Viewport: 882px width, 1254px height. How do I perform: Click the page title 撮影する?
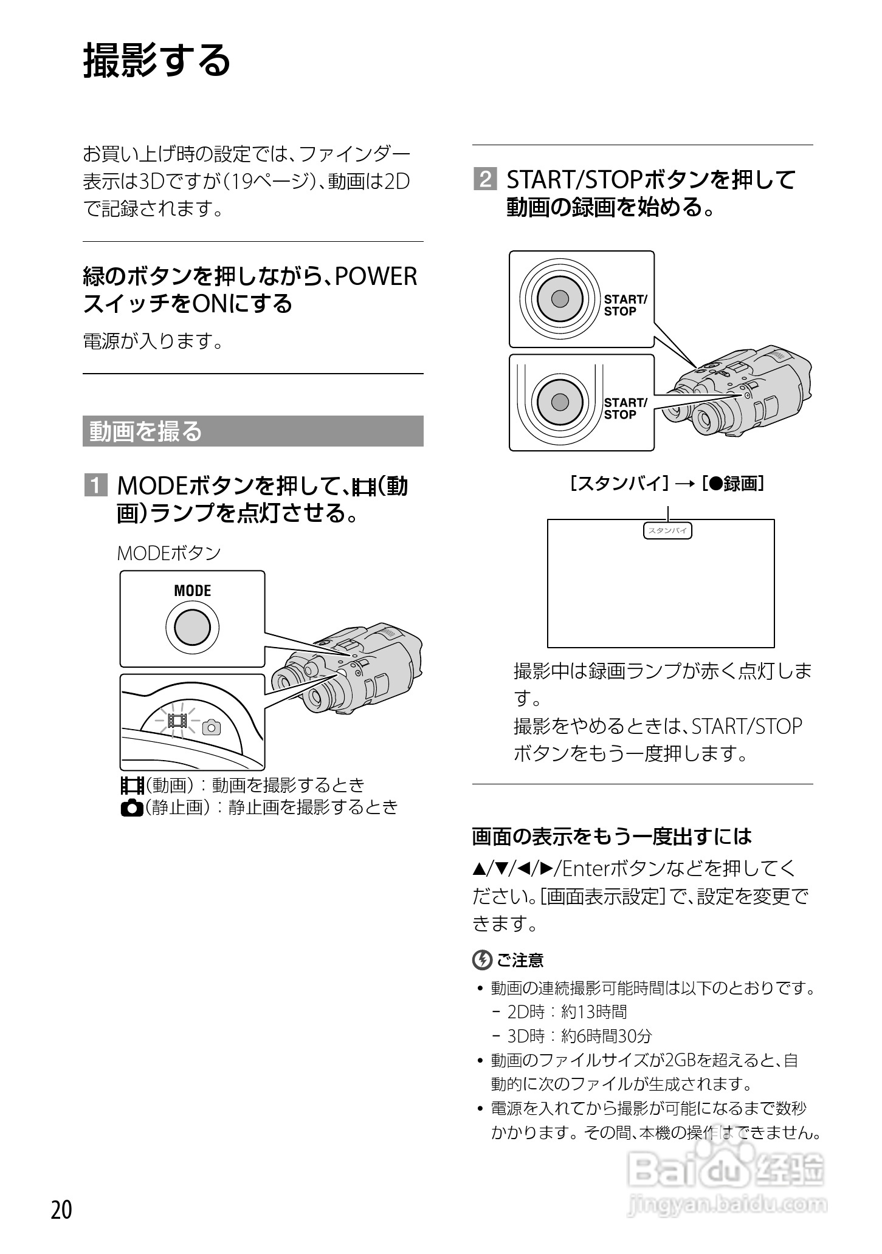coord(157,61)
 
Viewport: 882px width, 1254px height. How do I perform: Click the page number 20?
coord(61,1210)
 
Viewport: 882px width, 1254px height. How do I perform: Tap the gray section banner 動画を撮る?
coord(252,431)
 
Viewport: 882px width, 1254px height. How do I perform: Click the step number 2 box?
coord(484,180)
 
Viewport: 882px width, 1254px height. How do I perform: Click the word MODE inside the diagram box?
coord(192,591)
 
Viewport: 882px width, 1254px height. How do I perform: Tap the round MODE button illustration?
coord(192,627)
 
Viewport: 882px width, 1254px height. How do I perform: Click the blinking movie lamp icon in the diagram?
coord(178,721)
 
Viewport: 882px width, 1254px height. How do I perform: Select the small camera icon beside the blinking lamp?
coord(212,727)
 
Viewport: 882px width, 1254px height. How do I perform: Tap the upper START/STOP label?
coord(625,305)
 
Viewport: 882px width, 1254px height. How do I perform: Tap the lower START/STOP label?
coord(625,408)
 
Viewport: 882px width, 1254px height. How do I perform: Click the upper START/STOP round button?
coord(559,299)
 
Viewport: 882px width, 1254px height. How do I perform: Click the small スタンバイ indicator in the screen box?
coord(667,531)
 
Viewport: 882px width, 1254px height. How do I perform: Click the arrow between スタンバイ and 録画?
coord(684,484)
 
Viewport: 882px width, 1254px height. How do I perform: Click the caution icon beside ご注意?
coord(481,960)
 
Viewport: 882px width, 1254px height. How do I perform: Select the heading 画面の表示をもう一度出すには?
coord(612,837)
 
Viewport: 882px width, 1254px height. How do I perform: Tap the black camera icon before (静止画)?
coord(132,807)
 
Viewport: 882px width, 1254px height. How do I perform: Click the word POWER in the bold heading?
coord(376,276)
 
